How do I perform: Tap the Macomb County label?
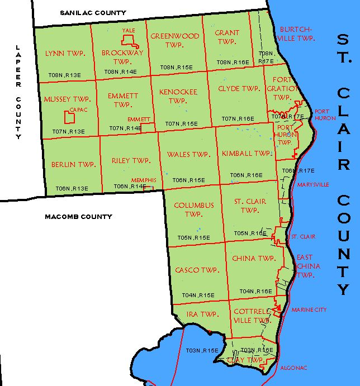point(78,217)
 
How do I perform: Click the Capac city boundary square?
point(70,117)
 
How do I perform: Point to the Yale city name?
point(129,31)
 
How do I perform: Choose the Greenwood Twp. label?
point(175,41)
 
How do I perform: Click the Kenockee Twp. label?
point(178,96)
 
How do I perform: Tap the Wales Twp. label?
point(188,155)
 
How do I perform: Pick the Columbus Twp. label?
point(193,209)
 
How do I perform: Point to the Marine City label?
point(309,310)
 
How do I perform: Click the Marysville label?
point(314,184)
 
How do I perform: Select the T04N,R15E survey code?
point(198,295)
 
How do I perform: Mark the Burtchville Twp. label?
point(296,34)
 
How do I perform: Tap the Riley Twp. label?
point(131,161)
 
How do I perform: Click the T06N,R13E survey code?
point(72,188)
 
